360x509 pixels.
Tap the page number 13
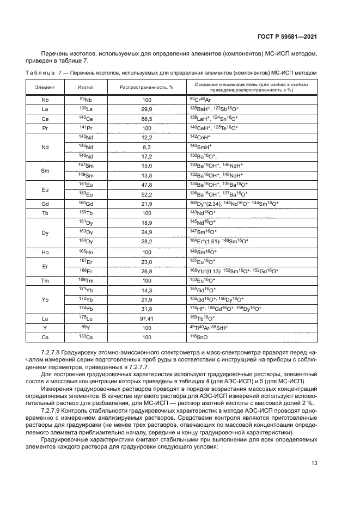pyautogui.click(x=314, y=463)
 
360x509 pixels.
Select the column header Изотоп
pyautogui.click(x=86, y=87)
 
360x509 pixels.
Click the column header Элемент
pyautogui.click(x=45, y=87)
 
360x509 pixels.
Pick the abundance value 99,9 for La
pyautogui.click(x=146, y=109)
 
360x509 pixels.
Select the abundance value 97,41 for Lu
pyautogui.click(x=146, y=317)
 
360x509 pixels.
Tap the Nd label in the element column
pyautogui.click(x=45, y=146)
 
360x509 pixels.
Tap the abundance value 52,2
pyautogui.click(x=146, y=194)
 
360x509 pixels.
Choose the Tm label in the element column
pyautogui.click(x=45, y=280)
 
